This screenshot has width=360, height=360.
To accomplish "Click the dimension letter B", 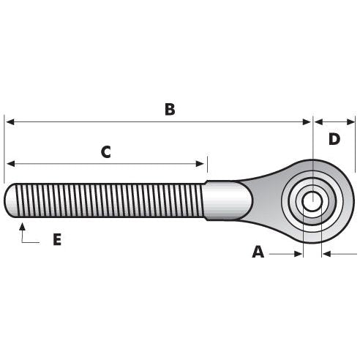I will tap(169, 110).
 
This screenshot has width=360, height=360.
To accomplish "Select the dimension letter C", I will tap(105, 152).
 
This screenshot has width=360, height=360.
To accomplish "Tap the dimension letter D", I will tap(334, 139).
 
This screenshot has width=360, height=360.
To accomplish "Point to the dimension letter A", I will tap(258, 252).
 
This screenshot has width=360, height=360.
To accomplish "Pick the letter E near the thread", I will tap(57, 239).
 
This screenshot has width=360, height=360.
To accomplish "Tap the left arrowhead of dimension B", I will tap(10, 122).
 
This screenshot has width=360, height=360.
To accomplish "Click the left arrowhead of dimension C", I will tap(10, 164).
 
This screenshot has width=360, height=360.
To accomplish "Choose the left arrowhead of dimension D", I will tap(318, 122).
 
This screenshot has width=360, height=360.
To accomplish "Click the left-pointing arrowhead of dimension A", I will tap(328, 254).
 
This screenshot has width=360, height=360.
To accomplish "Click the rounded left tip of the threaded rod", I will tap(10, 201).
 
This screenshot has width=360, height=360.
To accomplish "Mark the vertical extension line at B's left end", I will tap(4, 146).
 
